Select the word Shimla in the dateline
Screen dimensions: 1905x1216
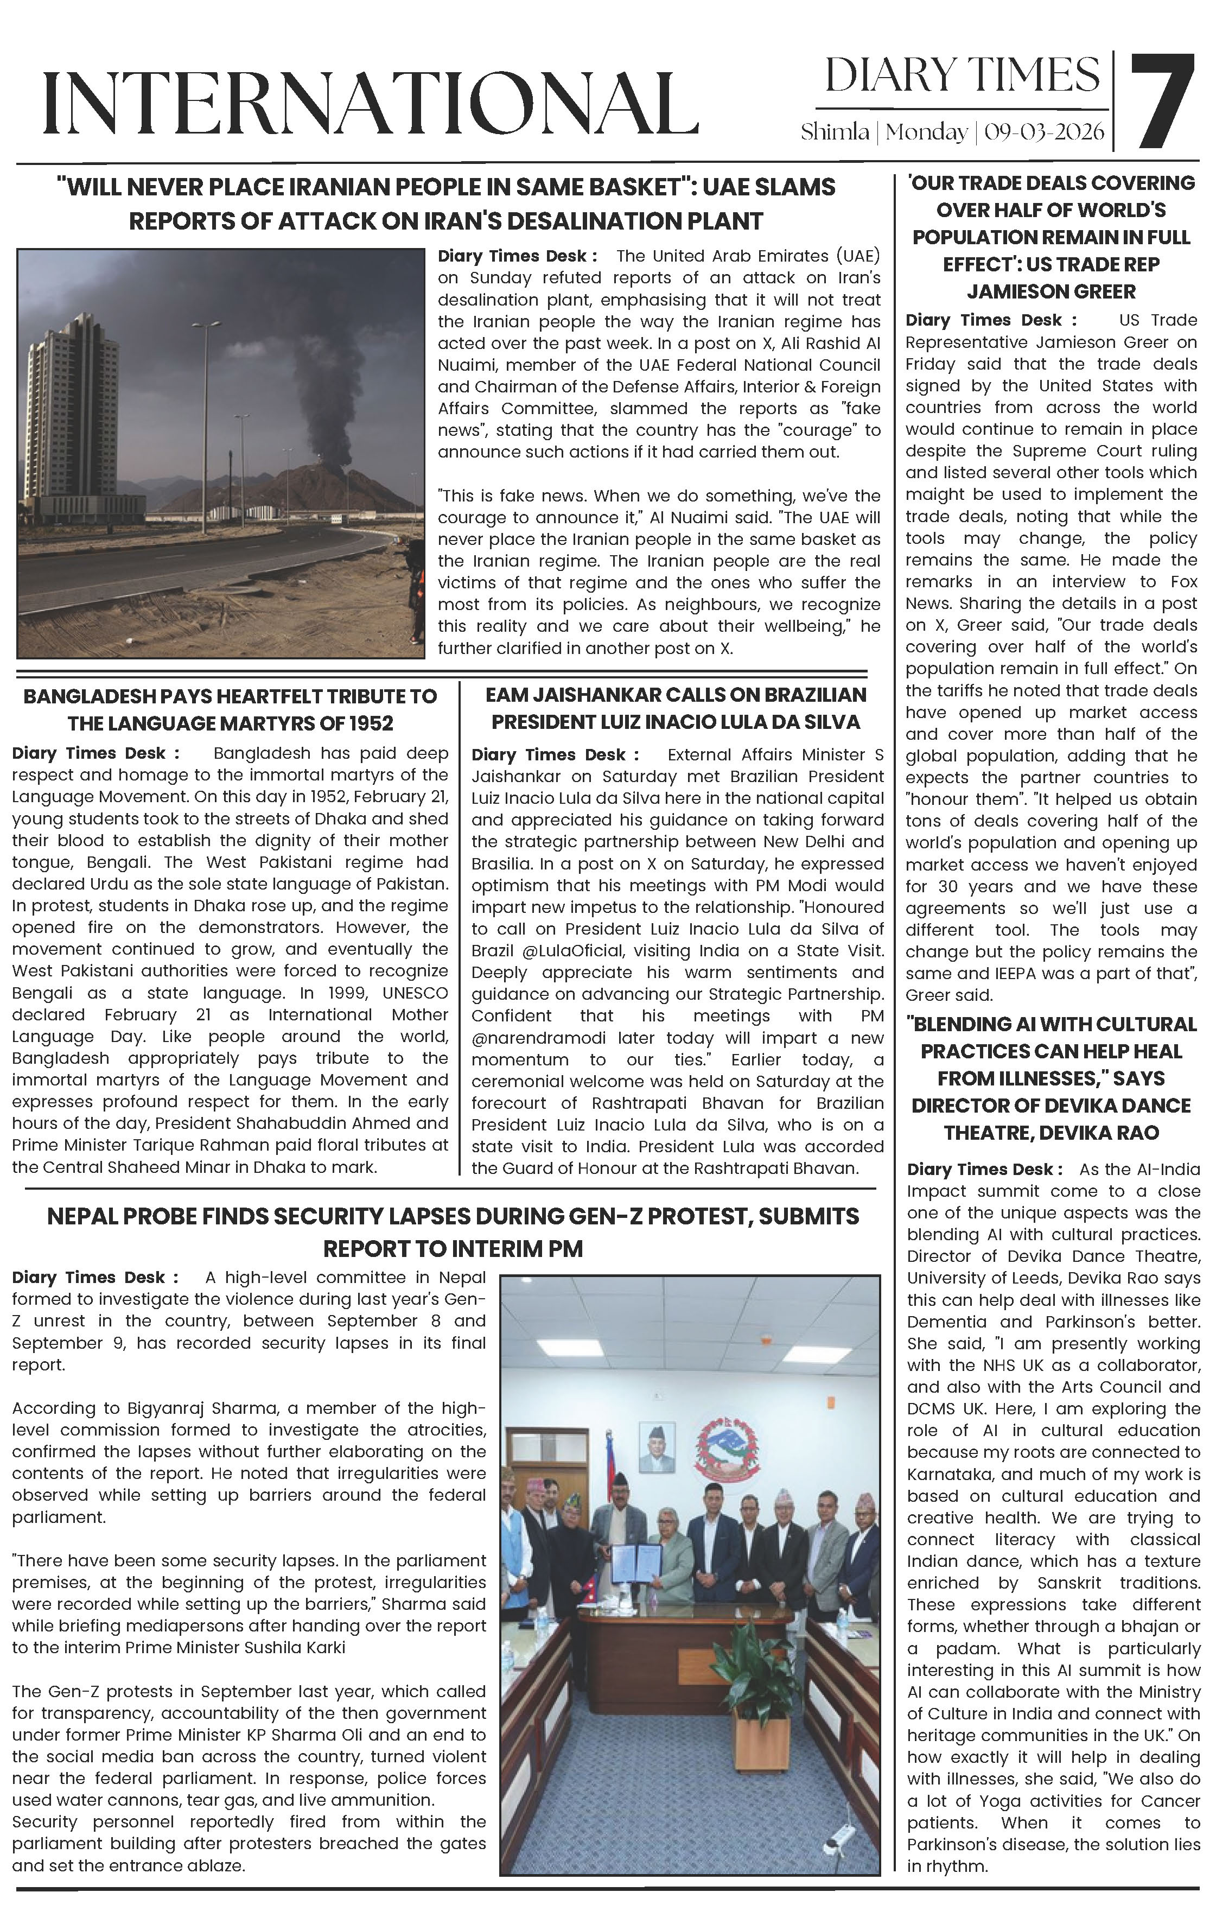pos(835,132)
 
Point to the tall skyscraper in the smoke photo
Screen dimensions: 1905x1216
pos(72,411)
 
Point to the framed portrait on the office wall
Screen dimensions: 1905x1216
pos(657,1447)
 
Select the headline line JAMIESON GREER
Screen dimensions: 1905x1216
pos(1051,292)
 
